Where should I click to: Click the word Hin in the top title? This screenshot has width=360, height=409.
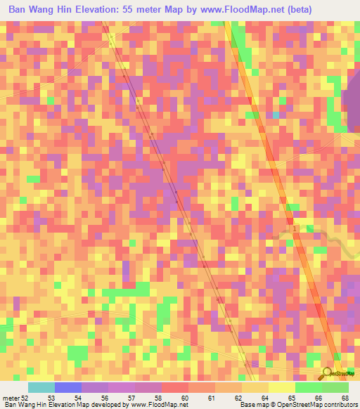[67, 11]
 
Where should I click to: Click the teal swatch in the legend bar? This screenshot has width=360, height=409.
[41, 388]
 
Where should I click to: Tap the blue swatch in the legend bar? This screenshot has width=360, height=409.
[68, 388]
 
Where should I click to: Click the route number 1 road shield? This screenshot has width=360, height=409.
[295, 230]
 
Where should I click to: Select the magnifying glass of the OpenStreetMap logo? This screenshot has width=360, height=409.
[326, 372]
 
